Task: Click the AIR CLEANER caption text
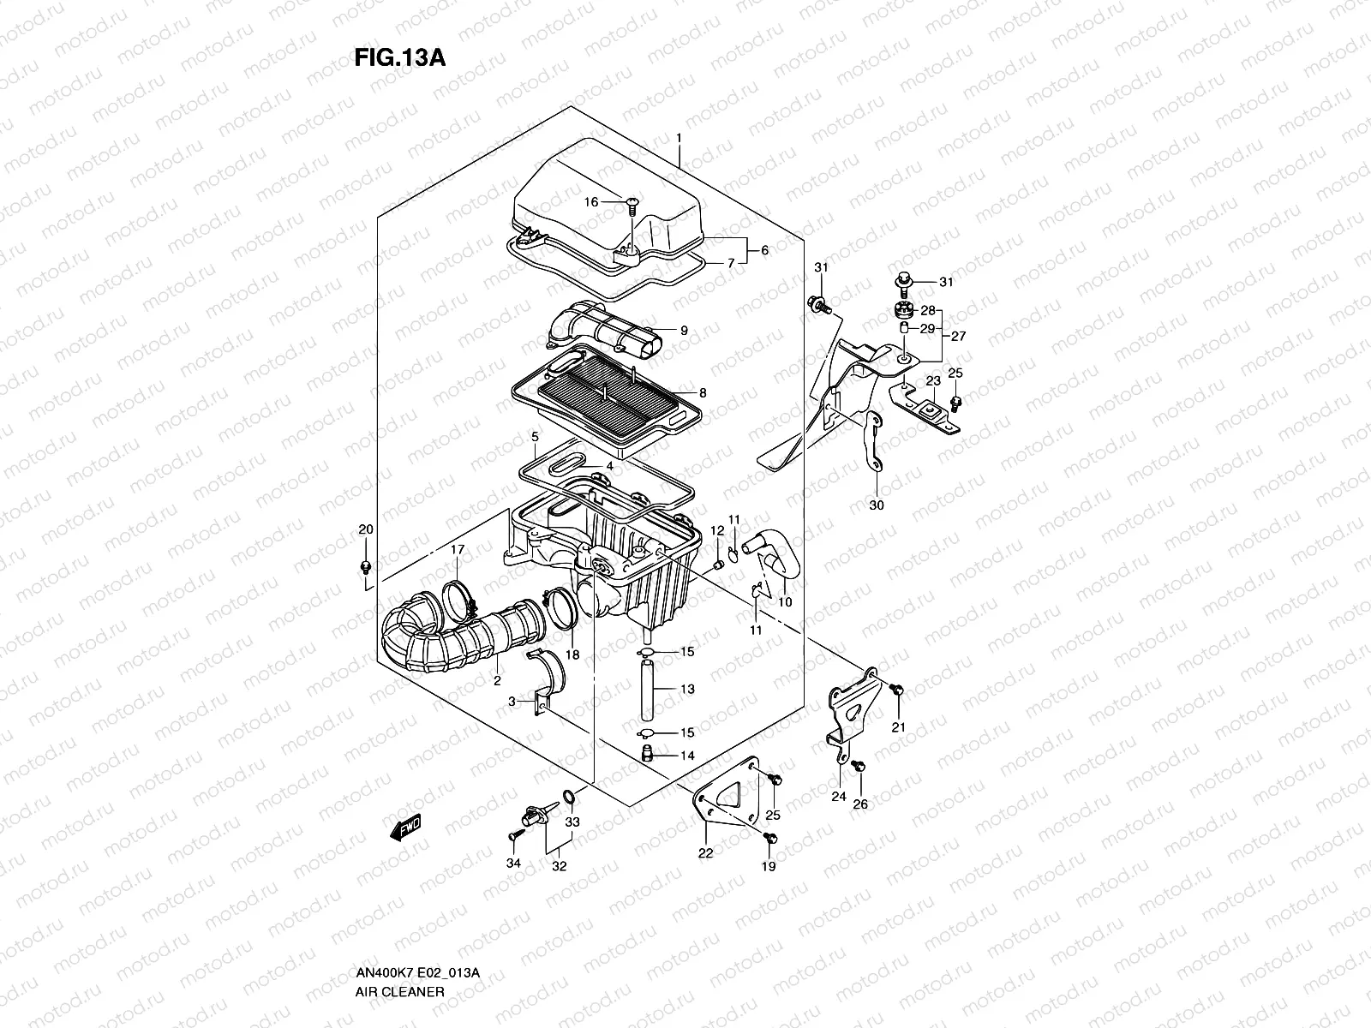399,991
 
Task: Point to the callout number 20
366,529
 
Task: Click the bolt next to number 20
367,567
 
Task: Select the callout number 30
876,505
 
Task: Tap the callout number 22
704,853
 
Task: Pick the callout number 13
687,689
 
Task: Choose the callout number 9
684,330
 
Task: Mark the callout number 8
702,393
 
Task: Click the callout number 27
958,337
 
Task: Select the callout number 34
512,864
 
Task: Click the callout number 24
839,796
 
